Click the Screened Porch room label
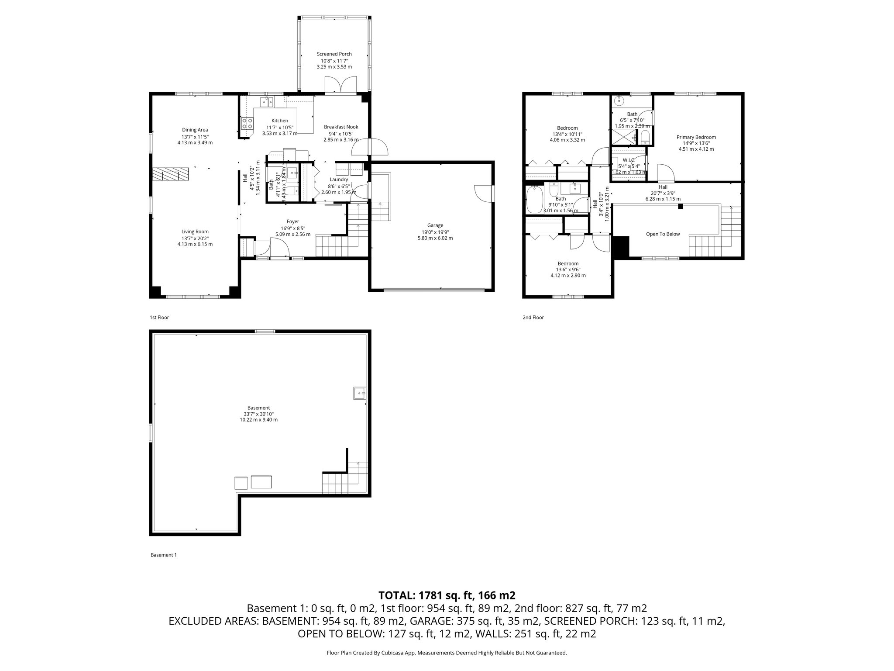click(x=334, y=54)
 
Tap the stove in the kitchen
click(x=248, y=124)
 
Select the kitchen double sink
click(x=266, y=103)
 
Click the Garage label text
click(x=435, y=225)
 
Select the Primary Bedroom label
click(x=696, y=137)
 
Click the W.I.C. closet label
click(x=629, y=160)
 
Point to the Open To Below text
click(x=663, y=234)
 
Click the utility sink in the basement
click(x=359, y=393)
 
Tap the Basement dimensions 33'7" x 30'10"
click(x=258, y=414)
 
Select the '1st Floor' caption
click(x=159, y=318)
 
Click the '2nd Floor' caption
click(x=533, y=318)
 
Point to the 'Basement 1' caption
click(x=163, y=555)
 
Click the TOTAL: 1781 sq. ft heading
click(x=447, y=595)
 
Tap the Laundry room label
click(x=339, y=180)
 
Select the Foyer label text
click(x=292, y=221)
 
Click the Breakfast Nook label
click(x=341, y=127)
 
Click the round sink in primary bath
click(x=619, y=101)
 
